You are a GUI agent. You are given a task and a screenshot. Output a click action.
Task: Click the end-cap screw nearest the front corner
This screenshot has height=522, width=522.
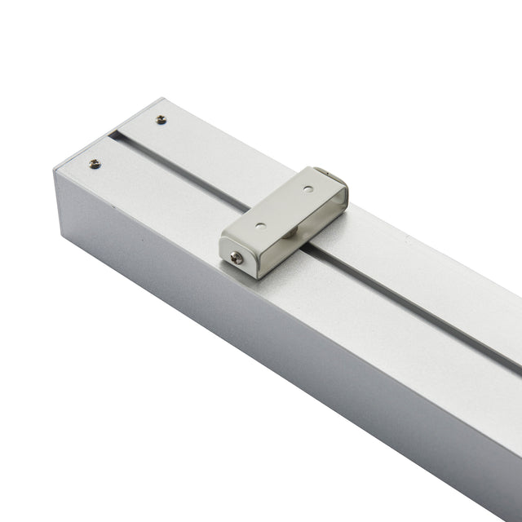click(95, 164)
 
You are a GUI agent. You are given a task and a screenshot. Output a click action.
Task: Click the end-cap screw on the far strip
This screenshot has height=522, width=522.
click(161, 119)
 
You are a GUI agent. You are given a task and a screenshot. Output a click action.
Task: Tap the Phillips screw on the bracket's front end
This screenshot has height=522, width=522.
click(236, 258)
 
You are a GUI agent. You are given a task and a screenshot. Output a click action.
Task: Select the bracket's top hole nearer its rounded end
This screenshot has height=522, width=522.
click(307, 188)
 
